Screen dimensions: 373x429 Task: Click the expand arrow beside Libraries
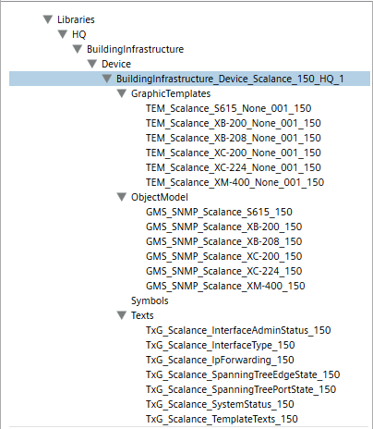[48, 19]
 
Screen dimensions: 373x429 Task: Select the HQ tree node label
[79, 34]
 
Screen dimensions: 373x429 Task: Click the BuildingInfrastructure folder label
[135, 49]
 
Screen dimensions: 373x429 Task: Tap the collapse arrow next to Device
[92, 64]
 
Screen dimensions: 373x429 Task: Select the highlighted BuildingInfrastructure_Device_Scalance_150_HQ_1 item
[230, 79]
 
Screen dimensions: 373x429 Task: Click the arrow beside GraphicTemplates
[122, 93]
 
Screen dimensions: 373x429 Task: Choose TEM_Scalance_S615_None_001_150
[229, 108]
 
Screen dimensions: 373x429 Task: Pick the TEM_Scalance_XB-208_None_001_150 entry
[234, 138]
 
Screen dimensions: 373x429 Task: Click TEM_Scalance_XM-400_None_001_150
[235, 182]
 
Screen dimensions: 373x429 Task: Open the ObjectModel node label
[160, 197]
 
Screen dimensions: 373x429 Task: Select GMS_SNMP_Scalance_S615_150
[219, 212]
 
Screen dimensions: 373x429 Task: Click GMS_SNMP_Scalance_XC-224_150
[224, 271]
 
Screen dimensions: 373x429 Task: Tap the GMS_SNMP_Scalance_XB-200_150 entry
[224, 227]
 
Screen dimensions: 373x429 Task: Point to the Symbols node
[150, 300]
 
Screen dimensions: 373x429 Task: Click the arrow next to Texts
[122, 315]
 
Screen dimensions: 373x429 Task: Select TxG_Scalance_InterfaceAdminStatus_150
[238, 330]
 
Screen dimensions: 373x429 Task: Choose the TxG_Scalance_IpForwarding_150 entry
[220, 360]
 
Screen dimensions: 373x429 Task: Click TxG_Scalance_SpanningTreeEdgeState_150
[243, 374]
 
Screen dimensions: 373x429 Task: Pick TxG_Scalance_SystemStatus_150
[220, 404]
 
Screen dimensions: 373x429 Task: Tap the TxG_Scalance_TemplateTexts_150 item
[222, 419]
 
